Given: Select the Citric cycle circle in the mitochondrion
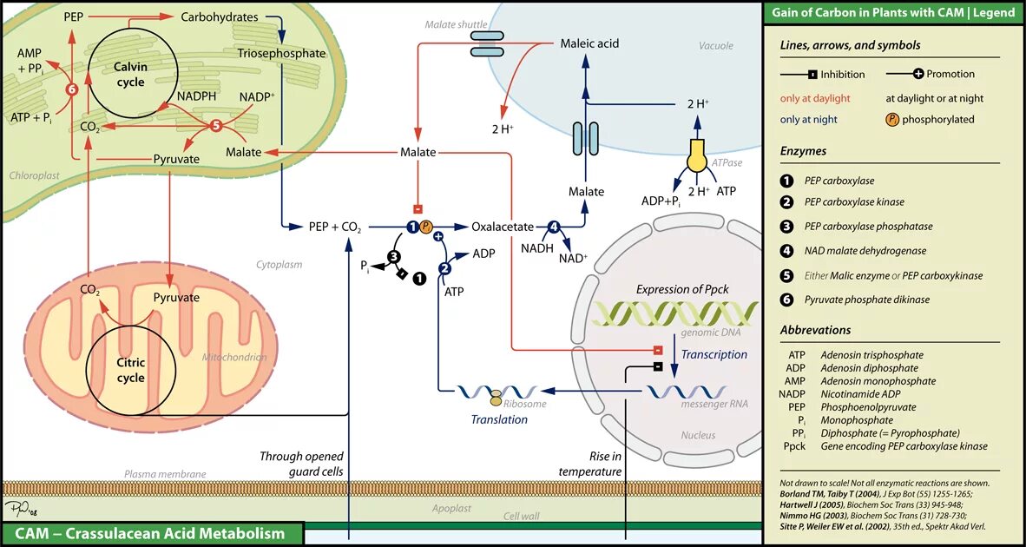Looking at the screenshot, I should point(130,370).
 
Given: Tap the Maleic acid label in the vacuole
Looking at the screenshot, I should point(589,43).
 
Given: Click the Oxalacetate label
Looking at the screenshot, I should point(503,227).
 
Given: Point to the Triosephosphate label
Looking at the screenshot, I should point(281,53).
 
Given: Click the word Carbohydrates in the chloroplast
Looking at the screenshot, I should point(220,16).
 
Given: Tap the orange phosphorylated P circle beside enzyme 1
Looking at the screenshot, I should point(426,227).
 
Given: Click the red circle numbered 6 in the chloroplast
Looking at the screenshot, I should point(72,89).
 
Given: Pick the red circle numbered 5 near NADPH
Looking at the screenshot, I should point(216,126).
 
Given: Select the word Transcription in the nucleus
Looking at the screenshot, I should point(714,354).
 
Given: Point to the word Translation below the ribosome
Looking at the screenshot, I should point(499,419).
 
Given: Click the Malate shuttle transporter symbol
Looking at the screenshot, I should point(487,44).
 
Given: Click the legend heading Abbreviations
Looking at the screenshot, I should point(815,330).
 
